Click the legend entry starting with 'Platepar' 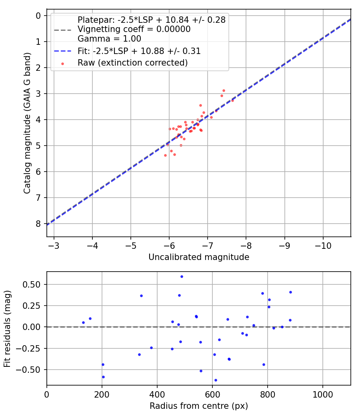point(151,20)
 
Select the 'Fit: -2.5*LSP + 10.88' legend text point(139,51)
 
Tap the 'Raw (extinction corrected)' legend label point(132,62)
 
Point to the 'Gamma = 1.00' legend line point(109,39)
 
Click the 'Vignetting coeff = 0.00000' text point(134,29)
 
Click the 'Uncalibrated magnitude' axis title point(199,257)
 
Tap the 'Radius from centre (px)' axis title point(199,406)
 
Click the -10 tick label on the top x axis point(323,245)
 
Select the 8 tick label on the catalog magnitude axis point(38,224)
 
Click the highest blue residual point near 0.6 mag point(182,276)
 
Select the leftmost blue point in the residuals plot point(83,322)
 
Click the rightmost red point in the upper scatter point(232,100)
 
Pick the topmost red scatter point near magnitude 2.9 point(224,90)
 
